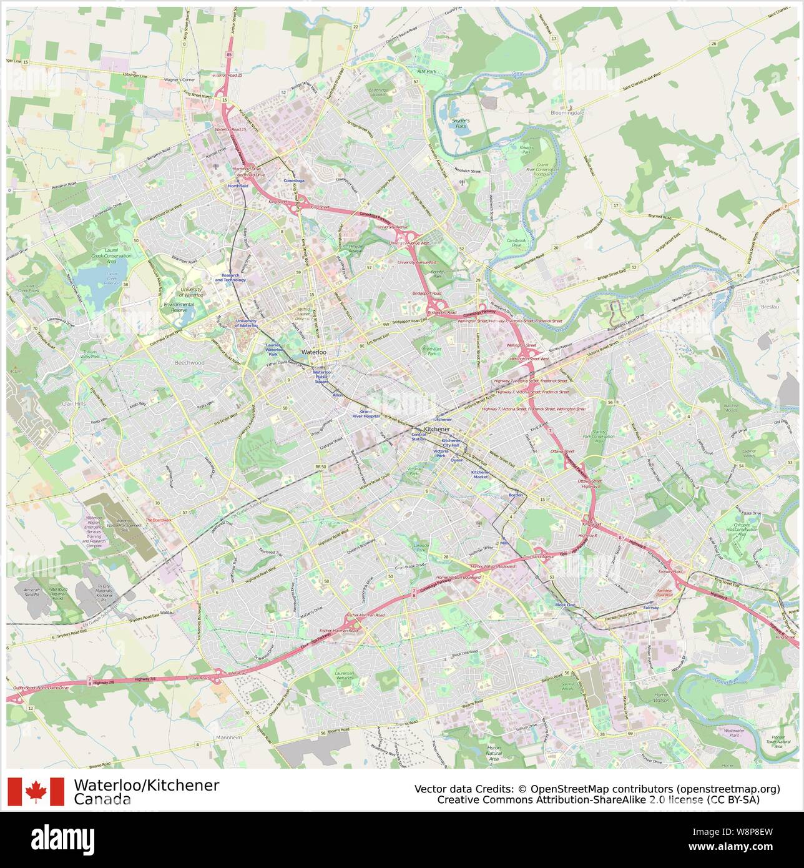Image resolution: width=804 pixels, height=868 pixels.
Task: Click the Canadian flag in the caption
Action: pyautogui.click(x=36, y=791)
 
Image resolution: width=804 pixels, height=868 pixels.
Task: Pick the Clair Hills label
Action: pyautogui.click(x=77, y=404)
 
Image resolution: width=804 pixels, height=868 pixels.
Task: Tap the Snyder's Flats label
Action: pyautogui.click(x=461, y=123)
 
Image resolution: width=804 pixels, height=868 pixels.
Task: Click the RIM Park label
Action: pyautogui.click(x=426, y=72)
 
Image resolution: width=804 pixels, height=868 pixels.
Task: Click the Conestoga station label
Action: pyautogui.click(x=293, y=180)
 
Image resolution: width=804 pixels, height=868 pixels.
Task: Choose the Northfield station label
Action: pyautogui.click(x=238, y=185)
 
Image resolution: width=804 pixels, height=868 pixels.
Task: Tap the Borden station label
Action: pyautogui.click(x=515, y=495)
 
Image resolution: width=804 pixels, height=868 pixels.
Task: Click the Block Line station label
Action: pyautogui.click(x=565, y=604)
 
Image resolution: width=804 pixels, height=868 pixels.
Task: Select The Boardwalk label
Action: pyautogui.click(x=158, y=520)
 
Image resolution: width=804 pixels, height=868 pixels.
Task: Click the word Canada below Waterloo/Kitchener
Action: pyautogui.click(x=102, y=799)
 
